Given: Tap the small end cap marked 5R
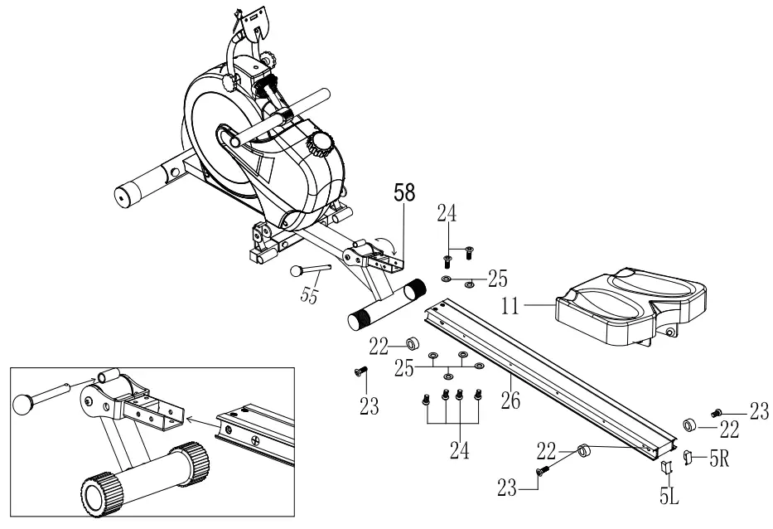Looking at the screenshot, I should tap(688, 455).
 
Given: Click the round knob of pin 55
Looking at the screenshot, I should tap(296, 270).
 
